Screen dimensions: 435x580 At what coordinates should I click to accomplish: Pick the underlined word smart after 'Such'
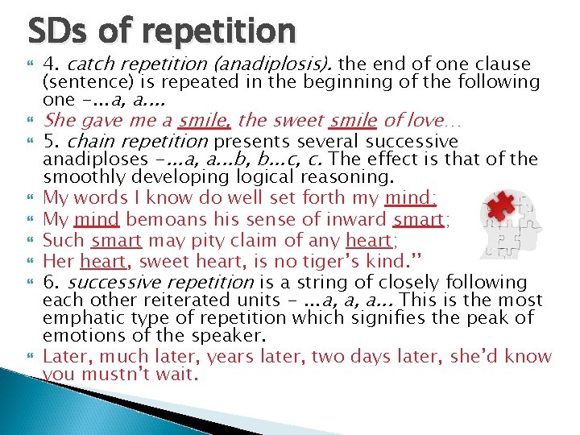coord(117,240)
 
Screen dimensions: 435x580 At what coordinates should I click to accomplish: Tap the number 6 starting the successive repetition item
coord(48,282)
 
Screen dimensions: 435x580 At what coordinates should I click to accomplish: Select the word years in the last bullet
coord(225,357)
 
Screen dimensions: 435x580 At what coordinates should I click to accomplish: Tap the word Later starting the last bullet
coord(66,357)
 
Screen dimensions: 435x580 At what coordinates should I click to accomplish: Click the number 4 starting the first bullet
coord(48,64)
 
